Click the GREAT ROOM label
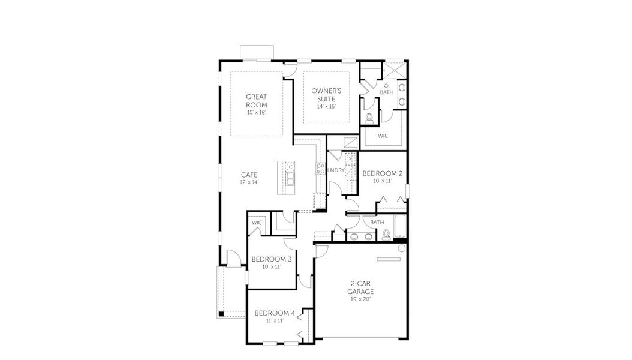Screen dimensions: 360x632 click(x=257, y=100)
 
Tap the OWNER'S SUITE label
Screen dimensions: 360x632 click(x=326, y=94)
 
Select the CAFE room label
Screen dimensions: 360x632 click(x=249, y=175)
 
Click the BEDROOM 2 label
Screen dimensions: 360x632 click(x=383, y=173)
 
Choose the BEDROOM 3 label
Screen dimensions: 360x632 click(x=272, y=259)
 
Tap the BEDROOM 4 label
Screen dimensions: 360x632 click(x=275, y=313)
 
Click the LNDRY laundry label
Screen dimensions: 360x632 click(x=336, y=170)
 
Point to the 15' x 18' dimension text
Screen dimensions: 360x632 click(x=257, y=113)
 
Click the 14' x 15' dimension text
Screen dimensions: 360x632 click(x=326, y=107)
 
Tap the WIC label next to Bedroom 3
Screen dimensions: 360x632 click(x=257, y=223)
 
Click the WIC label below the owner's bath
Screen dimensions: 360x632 click(x=383, y=136)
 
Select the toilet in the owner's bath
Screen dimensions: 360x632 click(x=370, y=118)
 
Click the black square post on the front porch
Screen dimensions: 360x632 click(x=221, y=313)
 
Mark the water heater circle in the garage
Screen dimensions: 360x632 click(x=402, y=248)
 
